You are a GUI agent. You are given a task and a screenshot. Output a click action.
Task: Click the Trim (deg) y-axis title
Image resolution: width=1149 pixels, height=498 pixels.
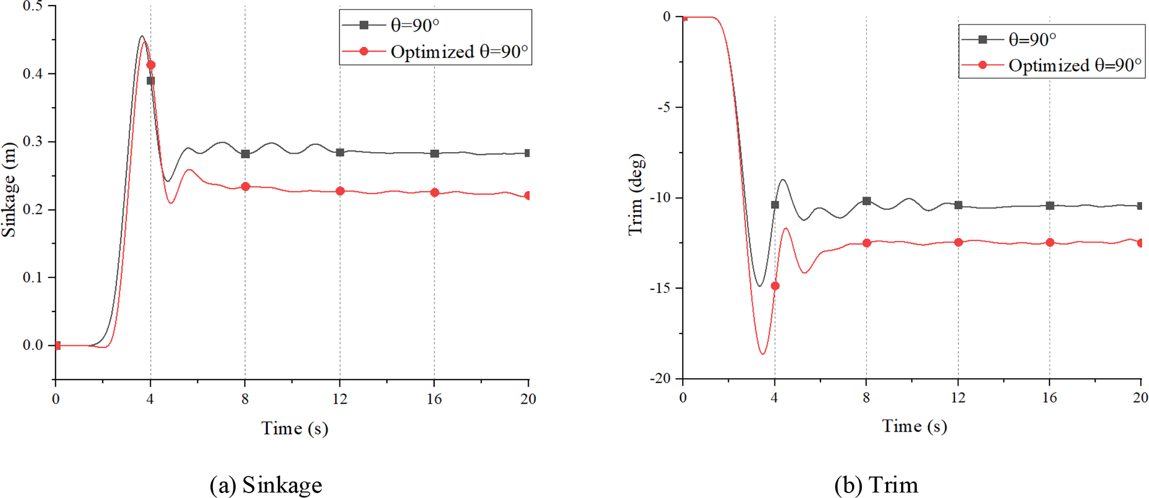coord(636,194)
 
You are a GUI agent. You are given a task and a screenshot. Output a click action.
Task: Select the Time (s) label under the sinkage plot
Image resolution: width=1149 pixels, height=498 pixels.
coord(295,428)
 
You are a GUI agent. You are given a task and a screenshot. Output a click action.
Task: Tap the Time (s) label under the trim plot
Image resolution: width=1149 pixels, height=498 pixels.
coord(914,426)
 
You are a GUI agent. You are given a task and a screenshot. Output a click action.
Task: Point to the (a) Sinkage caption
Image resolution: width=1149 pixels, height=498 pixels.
coord(266,485)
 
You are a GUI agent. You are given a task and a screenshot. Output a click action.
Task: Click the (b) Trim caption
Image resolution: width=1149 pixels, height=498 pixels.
coord(876,485)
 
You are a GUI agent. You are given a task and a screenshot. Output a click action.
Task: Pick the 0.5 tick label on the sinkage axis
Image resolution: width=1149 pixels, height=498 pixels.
coord(33,6)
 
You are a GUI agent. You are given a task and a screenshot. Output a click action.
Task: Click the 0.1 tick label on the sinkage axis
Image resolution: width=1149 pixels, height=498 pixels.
coord(33,277)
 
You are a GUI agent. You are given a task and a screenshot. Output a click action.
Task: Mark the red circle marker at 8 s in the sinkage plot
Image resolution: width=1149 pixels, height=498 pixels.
coord(245,187)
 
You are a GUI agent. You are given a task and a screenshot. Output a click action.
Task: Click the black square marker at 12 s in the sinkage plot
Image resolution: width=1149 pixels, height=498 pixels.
coord(340,152)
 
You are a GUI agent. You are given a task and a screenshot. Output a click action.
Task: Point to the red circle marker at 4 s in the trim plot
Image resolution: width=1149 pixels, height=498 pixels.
coord(775,286)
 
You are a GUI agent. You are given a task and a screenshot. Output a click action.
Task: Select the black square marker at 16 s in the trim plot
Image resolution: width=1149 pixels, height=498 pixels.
coord(1050,205)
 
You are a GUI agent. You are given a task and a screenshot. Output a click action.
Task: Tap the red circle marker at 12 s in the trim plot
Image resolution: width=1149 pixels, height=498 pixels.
coord(958,242)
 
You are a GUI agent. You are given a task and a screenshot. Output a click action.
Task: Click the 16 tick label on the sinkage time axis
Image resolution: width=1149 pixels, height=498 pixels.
coord(434,399)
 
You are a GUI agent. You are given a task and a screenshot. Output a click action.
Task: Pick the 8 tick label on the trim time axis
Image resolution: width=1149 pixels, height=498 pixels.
coord(866,398)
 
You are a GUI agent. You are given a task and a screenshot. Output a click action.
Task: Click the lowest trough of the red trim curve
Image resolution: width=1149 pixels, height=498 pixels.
coord(763,354)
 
